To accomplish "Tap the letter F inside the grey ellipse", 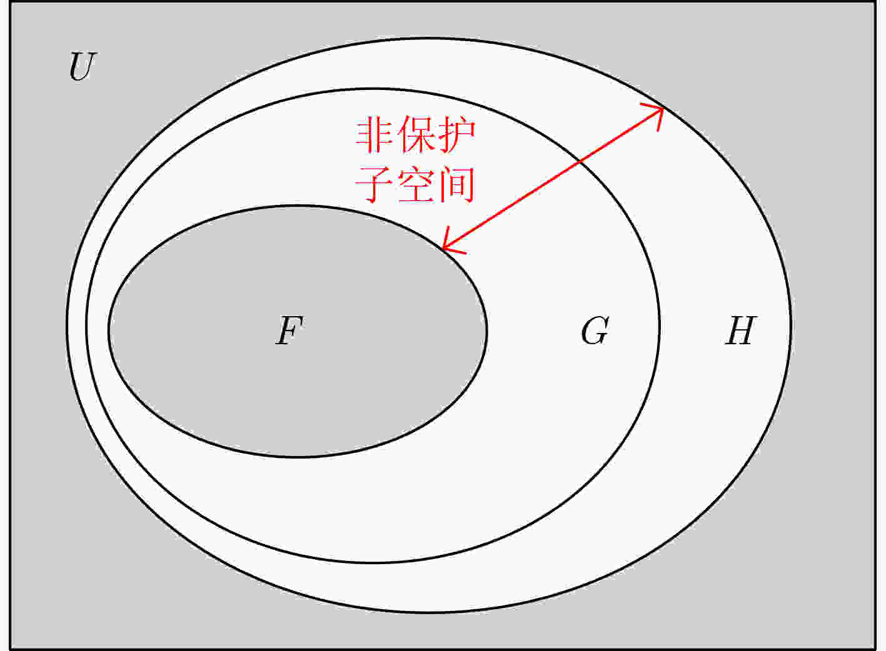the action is [x=289, y=330].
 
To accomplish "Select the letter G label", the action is [x=595, y=330].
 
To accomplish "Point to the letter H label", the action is [x=741, y=330].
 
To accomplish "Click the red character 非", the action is [x=374, y=135].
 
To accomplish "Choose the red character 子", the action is [x=374, y=184].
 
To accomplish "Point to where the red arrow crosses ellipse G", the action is [x=580, y=161].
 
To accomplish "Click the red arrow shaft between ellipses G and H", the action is [x=622, y=134].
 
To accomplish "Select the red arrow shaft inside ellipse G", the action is [x=511, y=205].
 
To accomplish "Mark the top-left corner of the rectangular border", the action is [x=10, y=2].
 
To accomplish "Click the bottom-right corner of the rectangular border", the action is [x=875, y=649].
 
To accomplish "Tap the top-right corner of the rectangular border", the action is [x=875, y=2].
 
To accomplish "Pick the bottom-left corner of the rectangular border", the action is [x=10, y=649].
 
